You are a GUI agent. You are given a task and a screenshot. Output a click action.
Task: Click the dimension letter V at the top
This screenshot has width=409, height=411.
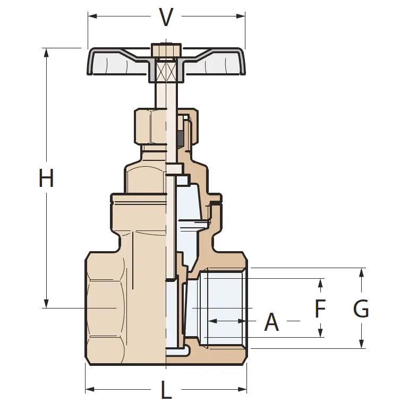pyautogui.click(x=166, y=17)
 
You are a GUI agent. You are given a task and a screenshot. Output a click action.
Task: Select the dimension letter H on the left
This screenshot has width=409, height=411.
pyautogui.click(x=46, y=178)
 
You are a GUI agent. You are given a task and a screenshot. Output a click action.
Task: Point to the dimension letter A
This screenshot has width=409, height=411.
pyautogui.click(x=271, y=322)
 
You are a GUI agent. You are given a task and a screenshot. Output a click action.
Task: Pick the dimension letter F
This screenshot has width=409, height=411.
pyautogui.click(x=320, y=309)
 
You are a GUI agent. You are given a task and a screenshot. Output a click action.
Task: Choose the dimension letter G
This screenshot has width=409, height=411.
pyautogui.click(x=361, y=309)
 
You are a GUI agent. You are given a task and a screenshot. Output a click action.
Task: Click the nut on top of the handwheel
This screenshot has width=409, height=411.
pyautogui.click(x=166, y=50)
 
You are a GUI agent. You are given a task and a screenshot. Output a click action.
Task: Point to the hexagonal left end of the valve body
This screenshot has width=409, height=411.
pyautogui.click(x=106, y=308)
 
